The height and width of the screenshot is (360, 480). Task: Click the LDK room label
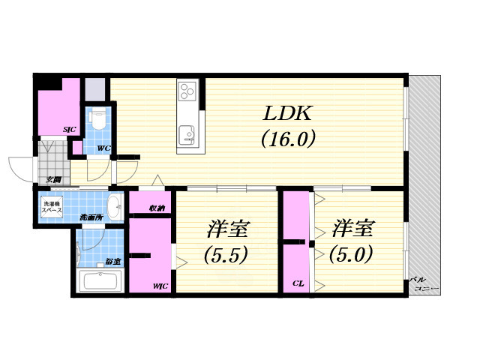click(x=286, y=115)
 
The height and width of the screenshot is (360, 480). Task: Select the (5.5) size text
click(x=226, y=254)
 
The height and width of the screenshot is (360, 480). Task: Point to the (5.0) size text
click(x=350, y=254)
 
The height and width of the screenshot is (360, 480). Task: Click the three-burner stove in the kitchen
click(x=187, y=93)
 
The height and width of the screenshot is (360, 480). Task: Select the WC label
click(x=103, y=148)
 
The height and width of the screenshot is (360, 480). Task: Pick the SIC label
click(x=69, y=130)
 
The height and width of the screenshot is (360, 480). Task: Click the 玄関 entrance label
click(x=52, y=179)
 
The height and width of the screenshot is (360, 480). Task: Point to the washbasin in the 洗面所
click(x=115, y=205)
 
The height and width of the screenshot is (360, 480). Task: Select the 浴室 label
click(x=113, y=262)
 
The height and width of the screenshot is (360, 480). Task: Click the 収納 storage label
click(x=157, y=208)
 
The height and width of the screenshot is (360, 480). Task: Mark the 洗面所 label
click(x=91, y=217)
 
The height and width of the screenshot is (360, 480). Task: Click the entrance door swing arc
click(x=20, y=166)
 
